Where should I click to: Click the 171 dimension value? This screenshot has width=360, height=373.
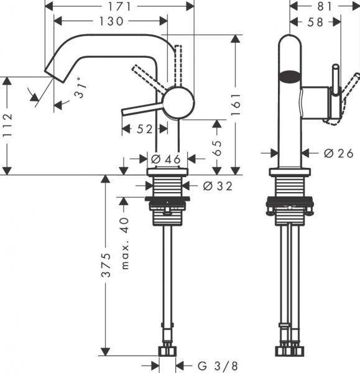tap(121, 6)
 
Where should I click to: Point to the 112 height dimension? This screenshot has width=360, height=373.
tap(7, 125)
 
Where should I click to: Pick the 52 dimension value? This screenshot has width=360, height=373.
tap(144, 129)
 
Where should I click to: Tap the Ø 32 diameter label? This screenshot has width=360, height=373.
tap(213, 185)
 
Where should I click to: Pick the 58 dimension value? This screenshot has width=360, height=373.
tap(315, 21)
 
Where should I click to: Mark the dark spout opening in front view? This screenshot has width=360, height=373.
tap(288, 78)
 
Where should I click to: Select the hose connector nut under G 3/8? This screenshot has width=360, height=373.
tap(167, 352)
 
